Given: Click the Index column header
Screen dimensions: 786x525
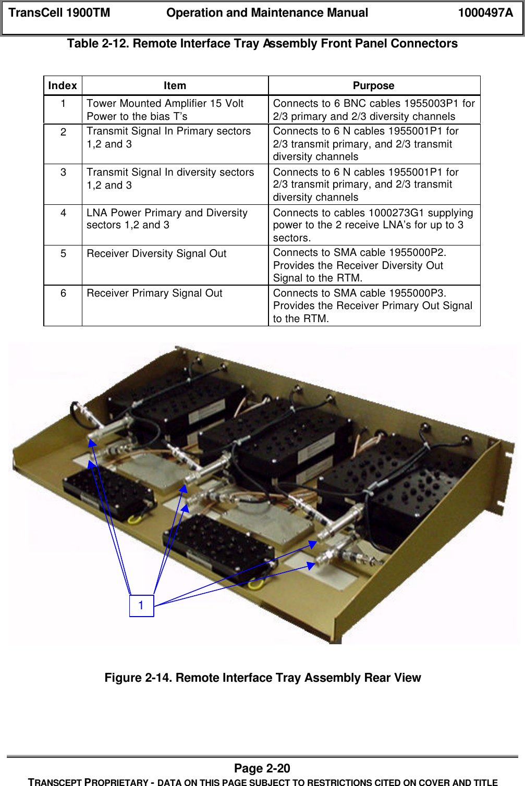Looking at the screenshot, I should pos(63,85).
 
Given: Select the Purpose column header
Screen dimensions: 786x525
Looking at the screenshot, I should pos(373,85).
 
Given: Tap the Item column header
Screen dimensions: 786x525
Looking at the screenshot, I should pos(175,85).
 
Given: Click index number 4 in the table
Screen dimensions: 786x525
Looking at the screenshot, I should pos(63,213).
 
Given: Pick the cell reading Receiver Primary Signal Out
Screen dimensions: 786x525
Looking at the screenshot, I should pos(154,293).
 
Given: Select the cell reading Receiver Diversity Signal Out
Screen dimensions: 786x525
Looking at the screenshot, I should pos(156,254).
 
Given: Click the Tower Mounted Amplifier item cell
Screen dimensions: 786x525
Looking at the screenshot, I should pos(165,109).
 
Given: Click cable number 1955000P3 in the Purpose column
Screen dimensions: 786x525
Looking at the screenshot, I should pos(417,293).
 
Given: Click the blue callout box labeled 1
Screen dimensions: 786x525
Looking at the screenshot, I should pos(141,606).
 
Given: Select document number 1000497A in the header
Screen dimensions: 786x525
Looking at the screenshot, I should pos(485,13).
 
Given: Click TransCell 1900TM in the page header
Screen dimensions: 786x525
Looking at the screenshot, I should pos(59,13).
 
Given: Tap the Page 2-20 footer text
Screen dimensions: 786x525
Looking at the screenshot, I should pos(262,768).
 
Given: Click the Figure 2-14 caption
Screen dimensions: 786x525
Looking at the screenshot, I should pos(262,678).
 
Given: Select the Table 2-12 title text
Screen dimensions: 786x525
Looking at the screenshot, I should pos(262,44).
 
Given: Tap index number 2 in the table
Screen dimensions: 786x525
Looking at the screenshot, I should pos(63,132).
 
